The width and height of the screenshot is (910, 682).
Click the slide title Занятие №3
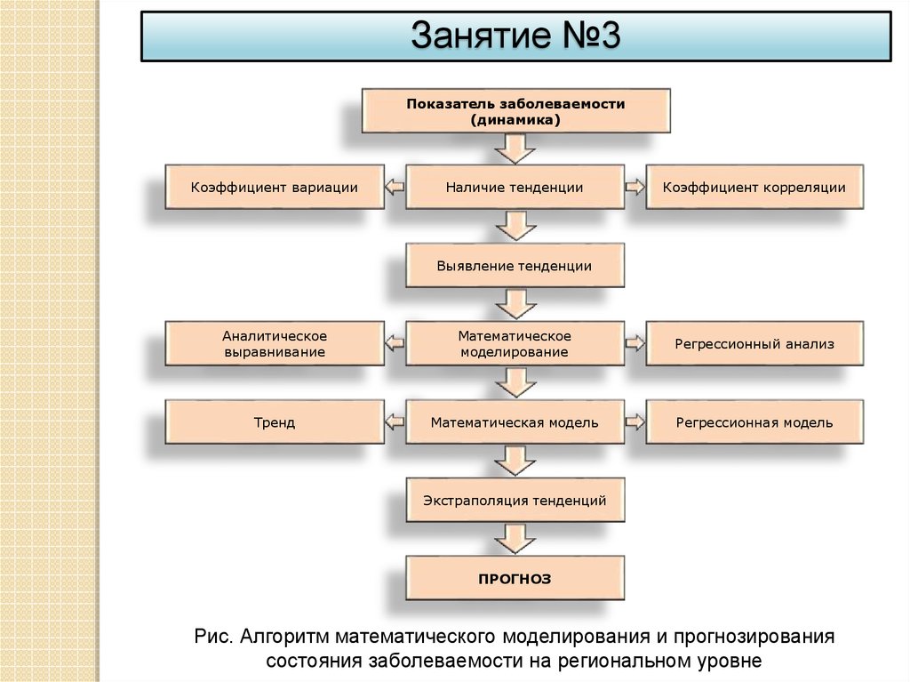515,37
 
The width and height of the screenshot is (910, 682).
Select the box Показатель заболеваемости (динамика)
515,111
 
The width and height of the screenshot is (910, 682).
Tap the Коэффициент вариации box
275,188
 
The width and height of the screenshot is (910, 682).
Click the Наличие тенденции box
515,188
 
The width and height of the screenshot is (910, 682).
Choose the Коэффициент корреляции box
754,188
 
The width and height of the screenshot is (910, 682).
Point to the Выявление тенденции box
515,266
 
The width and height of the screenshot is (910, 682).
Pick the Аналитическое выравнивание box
275,344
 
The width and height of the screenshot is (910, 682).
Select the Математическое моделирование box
515,344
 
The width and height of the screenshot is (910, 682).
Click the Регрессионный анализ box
754,344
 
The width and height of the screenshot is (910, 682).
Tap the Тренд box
275,422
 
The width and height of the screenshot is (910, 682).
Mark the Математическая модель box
515,422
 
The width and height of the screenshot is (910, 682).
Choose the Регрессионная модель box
754,422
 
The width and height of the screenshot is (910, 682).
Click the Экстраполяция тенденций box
515,501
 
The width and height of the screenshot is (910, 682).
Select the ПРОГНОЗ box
515,579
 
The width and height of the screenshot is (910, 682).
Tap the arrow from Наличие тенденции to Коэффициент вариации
395,188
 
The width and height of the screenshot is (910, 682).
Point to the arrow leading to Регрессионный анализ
635,344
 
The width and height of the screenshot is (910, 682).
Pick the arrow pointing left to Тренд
395,422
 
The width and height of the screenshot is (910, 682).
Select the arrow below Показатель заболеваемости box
515,148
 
